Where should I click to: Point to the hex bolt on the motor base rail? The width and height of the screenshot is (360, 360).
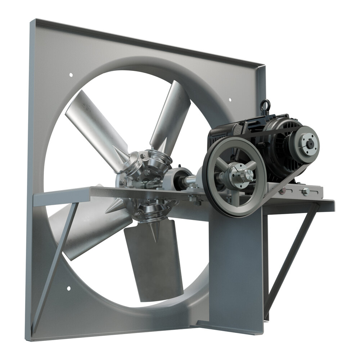(305, 191)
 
